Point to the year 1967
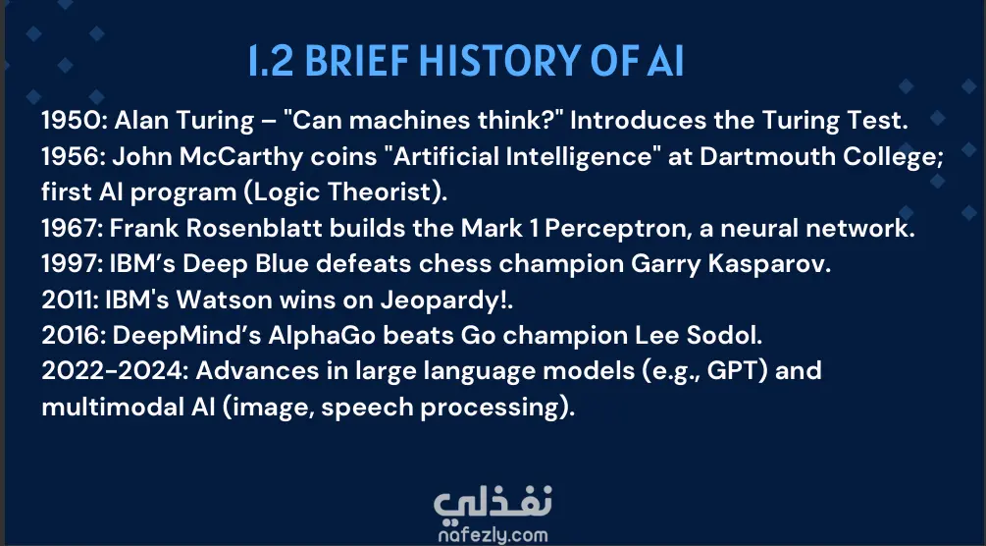point(71,228)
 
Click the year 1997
point(71,264)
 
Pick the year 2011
point(70,300)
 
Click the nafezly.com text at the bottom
point(493,534)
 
